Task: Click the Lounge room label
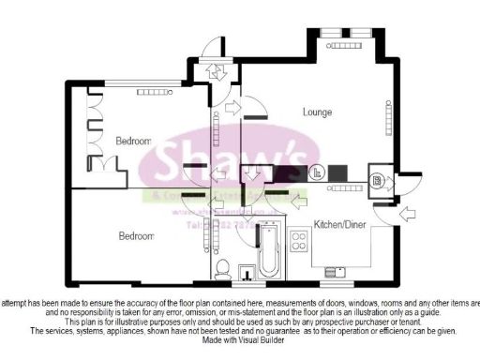tap(318, 112)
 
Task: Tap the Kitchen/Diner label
tap(338, 226)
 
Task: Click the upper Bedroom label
tap(133, 141)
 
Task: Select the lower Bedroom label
tap(136, 236)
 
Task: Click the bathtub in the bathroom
tap(269, 250)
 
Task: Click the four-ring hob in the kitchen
tap(301, 241)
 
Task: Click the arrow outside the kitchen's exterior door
tap(409, 216)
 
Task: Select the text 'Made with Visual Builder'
tap(241, 340)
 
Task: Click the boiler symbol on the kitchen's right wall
tap(376, 180)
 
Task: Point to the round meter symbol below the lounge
tap(317, 172)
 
